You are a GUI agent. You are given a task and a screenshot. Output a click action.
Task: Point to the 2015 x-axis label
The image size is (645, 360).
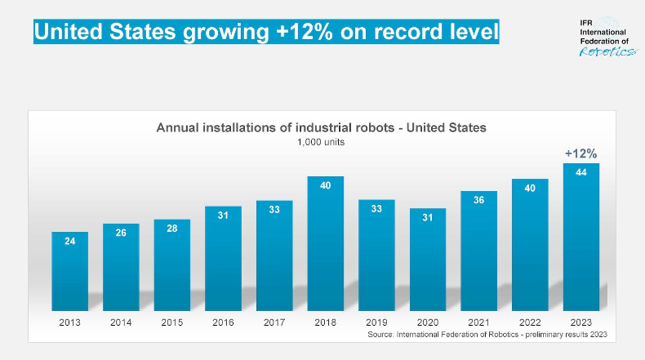tap(171, 323)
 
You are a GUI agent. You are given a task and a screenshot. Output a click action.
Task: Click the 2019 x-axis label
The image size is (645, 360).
tap(376, 323)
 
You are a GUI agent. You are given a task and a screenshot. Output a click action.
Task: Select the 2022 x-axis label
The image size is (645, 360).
tap(530, 323)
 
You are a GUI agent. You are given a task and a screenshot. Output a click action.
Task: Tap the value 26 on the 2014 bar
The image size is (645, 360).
tap(121, 233)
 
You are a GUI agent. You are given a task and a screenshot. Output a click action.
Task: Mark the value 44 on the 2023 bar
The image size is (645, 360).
tap(581, 171)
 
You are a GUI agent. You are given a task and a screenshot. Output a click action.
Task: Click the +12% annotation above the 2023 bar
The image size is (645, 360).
tap(581, 153)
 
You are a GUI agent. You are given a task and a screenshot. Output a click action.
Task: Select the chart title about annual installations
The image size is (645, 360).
tap(321, 127)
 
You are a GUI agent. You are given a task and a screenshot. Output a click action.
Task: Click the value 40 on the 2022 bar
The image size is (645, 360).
tap(530, 188)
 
